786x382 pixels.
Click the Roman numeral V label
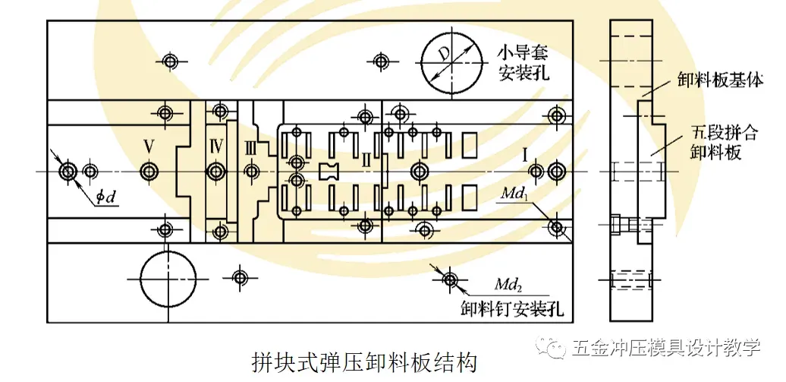click(x=149, y=144)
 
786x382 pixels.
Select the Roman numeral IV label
click(x=216, y=144)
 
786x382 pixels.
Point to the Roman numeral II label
click(x=366, y=159)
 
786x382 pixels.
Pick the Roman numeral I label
click(x=524, y=155)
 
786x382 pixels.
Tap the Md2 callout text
click(x=506, y=286)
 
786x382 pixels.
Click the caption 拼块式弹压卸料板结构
click(x=363, y=361)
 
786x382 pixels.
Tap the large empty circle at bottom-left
click(x=168, y=277)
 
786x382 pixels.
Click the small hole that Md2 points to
click(x=451, y=280)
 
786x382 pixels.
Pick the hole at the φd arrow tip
click(x=68, y=171)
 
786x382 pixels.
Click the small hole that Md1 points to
click(x=558, y=226)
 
